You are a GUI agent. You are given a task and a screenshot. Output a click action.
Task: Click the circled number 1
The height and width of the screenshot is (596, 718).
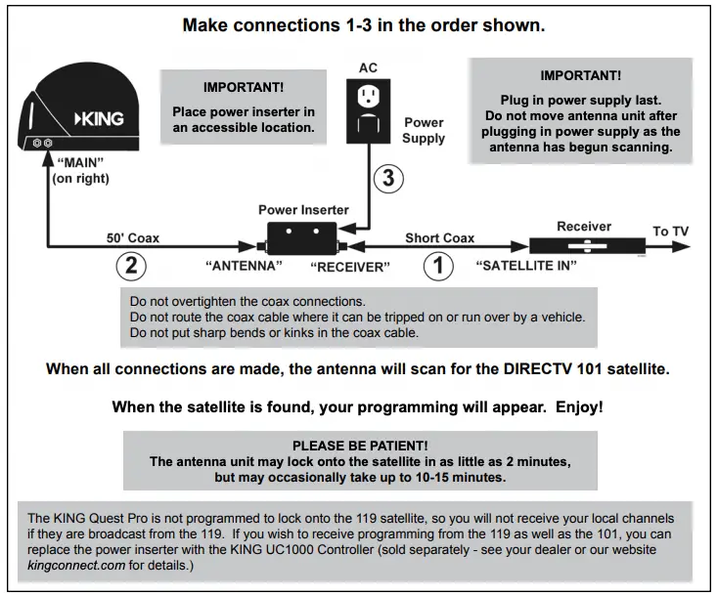tap(438, 265)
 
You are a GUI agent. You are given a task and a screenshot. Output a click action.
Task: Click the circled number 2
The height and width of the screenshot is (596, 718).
tap(131, 265)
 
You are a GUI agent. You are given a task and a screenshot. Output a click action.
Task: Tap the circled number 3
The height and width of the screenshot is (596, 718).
tap(387, 178)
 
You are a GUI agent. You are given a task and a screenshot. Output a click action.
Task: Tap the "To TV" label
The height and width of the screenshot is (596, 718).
tap(671, 232)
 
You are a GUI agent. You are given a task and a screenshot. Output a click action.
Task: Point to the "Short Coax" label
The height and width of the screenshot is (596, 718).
tap(440, 237)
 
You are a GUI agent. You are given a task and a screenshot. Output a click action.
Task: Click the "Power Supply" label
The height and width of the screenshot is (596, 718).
tap(424, 130)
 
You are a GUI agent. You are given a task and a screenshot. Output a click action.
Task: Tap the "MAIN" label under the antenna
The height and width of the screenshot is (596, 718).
tap(74, 163)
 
